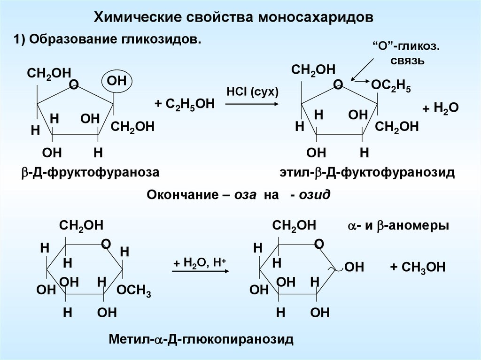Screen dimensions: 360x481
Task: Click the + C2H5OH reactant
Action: coord(184,104)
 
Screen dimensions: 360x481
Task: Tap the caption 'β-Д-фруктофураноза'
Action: coord(89,173)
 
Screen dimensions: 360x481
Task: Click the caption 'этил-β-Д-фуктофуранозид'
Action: coord(367,173)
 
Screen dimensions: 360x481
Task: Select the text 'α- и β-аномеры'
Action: coord(398,226)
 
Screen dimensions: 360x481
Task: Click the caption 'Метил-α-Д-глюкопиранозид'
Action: coord(201,338)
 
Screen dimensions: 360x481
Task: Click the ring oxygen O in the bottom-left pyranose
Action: coord(106,244)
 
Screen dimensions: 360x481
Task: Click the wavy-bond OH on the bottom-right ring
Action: coord(354,268)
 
